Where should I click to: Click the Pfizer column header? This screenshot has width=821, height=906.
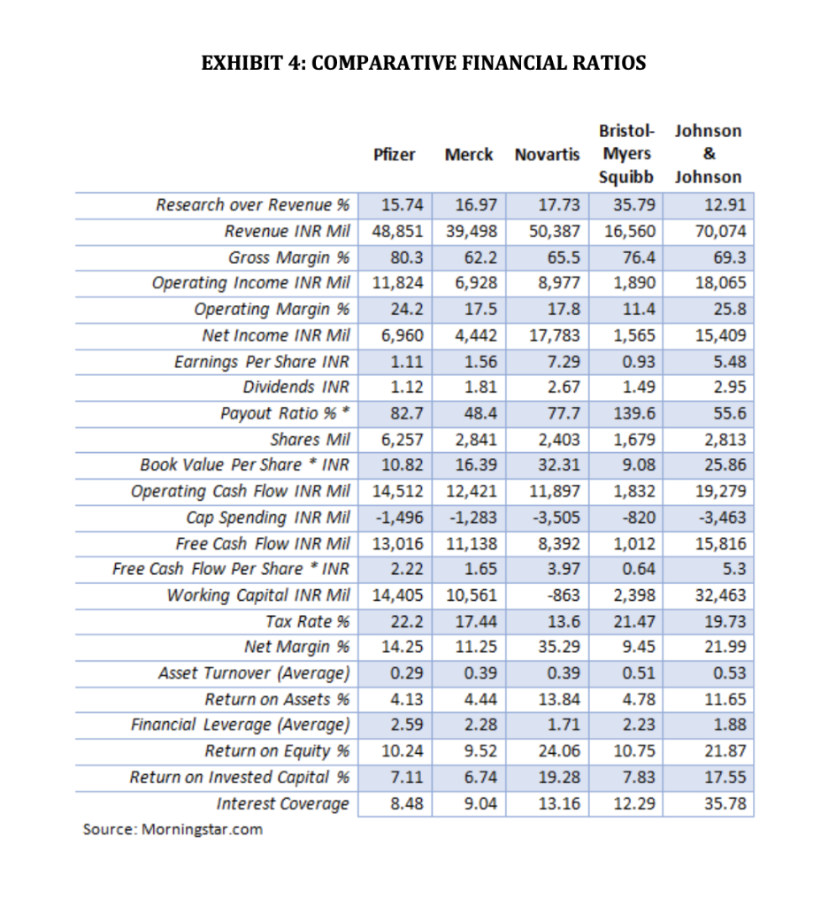point(394,154)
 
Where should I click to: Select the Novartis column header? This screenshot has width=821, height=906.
point(547,154)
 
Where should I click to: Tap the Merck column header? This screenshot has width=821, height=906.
point(469,154)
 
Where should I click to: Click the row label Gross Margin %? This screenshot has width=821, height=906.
point(288,257)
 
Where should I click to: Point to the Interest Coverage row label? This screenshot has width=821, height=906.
point(283,803)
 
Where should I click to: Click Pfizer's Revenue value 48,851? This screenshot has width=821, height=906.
point(395,231)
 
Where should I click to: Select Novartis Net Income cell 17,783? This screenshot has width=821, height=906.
point(555,335)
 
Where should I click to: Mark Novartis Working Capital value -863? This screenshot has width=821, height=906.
point(564,595)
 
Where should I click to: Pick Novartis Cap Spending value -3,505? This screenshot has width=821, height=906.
point(558,518)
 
